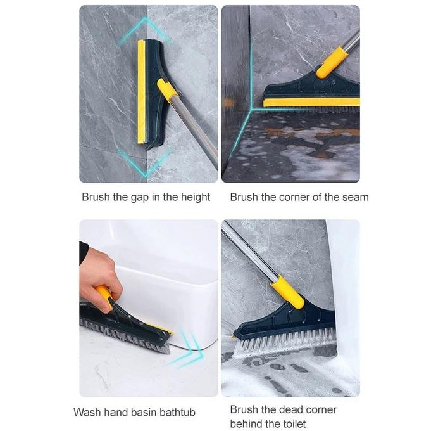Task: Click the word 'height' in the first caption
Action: point(195,197)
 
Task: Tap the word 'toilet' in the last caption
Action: point(293,423)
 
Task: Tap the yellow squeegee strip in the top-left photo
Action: point(141,92)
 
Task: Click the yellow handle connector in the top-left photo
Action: point(166,89)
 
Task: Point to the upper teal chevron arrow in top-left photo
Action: point(145,30)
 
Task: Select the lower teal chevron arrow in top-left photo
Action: point(145,164)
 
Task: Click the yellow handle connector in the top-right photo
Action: point(331,63)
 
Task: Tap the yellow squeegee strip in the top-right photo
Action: point(311,103)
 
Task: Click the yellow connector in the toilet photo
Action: point(287,293)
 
